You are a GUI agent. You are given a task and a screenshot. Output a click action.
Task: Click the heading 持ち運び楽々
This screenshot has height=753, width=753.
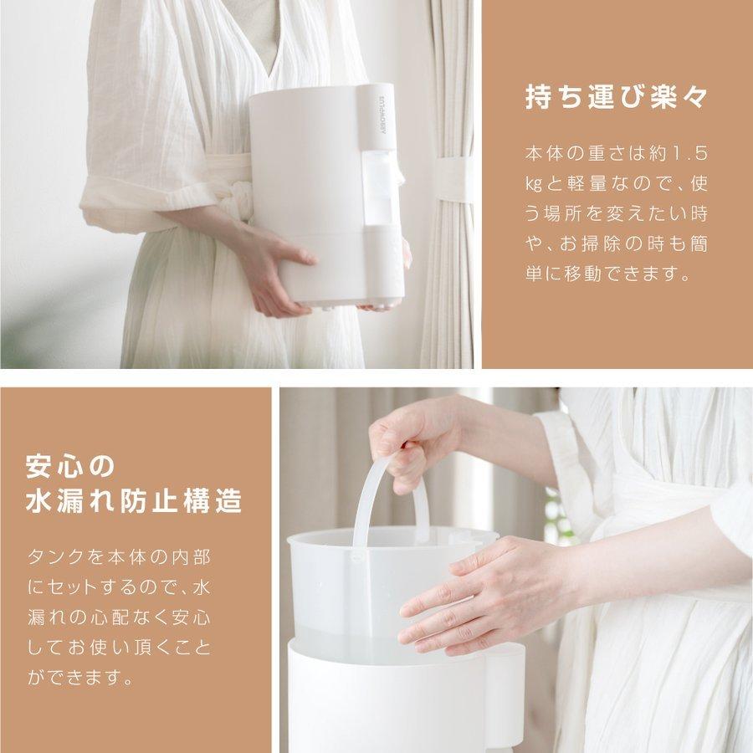point(616,97)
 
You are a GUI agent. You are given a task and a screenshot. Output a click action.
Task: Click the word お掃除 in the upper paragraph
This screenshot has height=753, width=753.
point(589,244)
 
